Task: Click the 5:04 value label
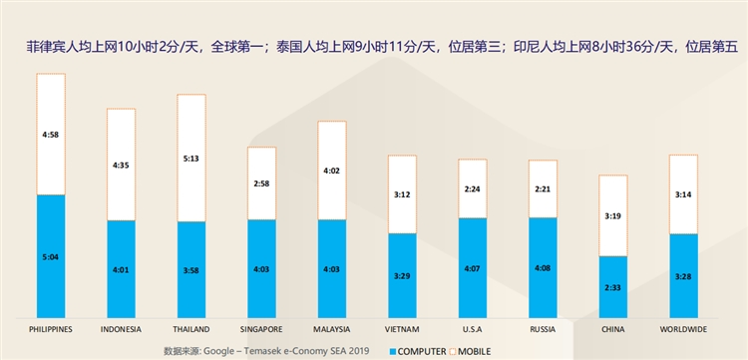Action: [x=51, y=256]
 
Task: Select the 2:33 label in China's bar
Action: [x=613, y=286]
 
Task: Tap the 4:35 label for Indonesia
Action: [x=121, y=164]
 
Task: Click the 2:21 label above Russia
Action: [x=544, y=187]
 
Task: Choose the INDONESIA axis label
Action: [x=121, y=329]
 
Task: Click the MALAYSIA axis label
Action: [x=332, y=329]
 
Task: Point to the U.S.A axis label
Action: [x=473, y=329]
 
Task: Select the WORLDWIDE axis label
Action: [x=684, y=329]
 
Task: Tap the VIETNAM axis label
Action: [x=403, y=329]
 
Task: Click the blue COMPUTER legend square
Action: [x=393, y=351]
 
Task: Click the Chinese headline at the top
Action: [x=374, y=45]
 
